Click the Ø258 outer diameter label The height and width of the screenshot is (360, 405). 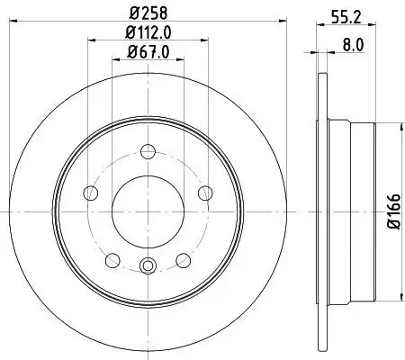[x=148, y=13]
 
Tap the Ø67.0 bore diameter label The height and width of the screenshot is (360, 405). [x=148, y=53]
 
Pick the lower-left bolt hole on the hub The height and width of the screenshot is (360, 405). [x=112, y=259]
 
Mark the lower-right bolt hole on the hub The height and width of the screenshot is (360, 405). [x=183, y=259]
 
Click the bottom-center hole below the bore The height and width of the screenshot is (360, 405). [x=148, y=265]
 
